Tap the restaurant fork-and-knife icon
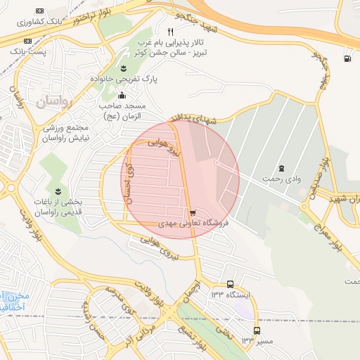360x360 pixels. [x=170, y=32]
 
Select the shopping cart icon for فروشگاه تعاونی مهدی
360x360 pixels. [x=193, y=212]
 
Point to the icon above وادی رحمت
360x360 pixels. [x=282, y=167]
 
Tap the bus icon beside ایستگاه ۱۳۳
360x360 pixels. [x=230, y=284]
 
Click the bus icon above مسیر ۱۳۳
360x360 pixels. [x=256, y=330]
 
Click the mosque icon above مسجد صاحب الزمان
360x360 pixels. [x=122, y=95]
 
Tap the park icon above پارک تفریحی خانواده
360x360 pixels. [x=124, y=67]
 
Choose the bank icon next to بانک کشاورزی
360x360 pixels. [x=39, y=11]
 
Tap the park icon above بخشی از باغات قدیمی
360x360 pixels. [x=58, y=191]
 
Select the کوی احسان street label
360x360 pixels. [x=127, y=181]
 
